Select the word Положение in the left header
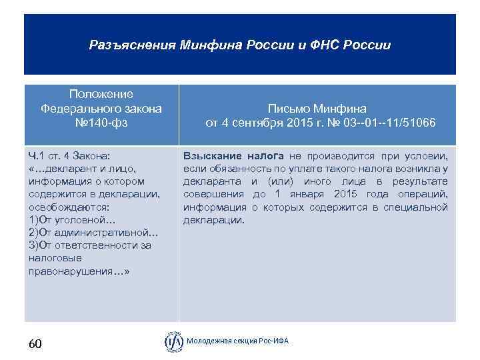click(101, 95)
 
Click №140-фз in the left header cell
click(101, 123)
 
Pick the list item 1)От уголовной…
click(72, 219)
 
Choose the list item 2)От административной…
click(93, 232)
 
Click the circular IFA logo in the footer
click(174, 341)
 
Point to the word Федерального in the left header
click(101, 109)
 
